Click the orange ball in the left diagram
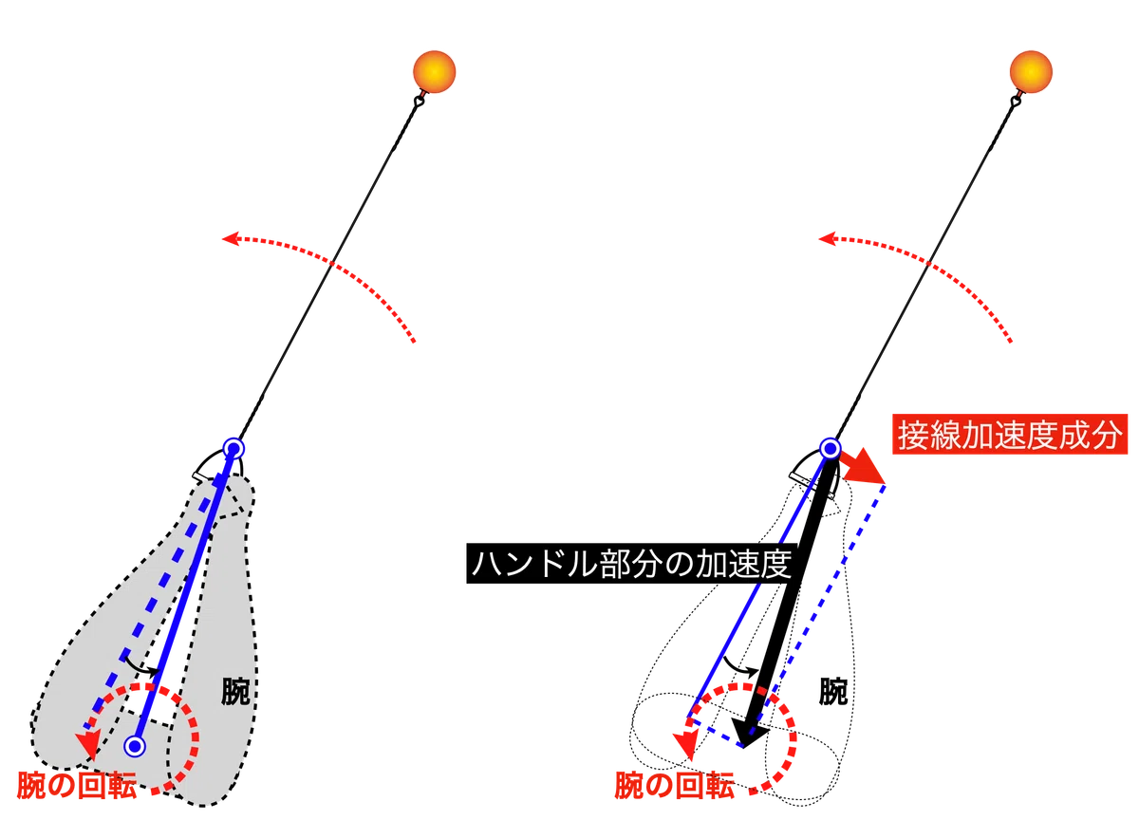(435, 72)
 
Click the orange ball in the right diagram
(1031, 72)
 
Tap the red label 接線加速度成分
(1010, 435)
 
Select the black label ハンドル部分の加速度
(631, 564)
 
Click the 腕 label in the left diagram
(235, 691)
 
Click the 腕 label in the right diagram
(833, 691)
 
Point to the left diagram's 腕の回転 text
(77, 786)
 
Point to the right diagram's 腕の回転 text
(674, 786)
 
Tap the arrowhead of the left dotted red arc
(231, 238)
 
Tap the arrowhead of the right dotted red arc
(827, 238)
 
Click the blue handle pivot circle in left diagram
(233, 449)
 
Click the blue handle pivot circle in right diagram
(831, 449)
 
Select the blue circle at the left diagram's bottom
(135, 746)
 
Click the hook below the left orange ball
(419, 102)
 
